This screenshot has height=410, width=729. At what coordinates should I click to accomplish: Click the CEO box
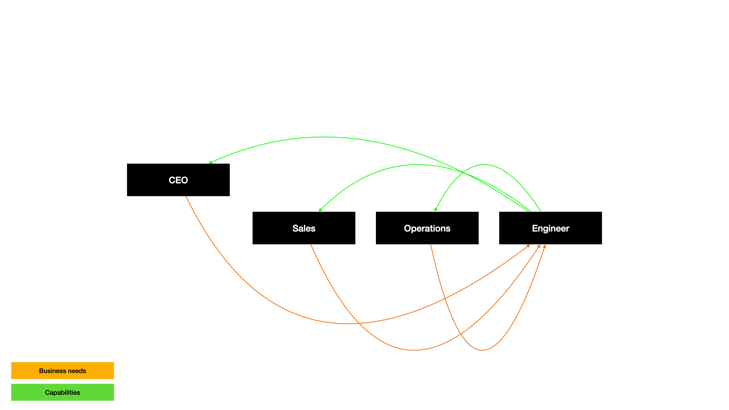pos(178,180)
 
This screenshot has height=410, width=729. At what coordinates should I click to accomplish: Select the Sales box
pos(304,228)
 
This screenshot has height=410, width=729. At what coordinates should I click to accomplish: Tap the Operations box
pos(427,228)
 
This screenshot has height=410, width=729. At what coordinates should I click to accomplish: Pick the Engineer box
pos(550,228)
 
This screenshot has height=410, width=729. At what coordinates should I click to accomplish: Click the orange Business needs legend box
pos(62,371)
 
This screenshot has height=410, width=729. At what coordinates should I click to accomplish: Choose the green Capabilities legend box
pos(62,392)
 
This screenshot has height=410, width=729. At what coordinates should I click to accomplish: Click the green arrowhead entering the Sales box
pos(320,210)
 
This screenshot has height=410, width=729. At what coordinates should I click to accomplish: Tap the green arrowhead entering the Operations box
pos(436,210)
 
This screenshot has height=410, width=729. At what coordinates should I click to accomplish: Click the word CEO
pos(178,180)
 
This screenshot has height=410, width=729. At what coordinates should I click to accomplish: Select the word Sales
pos(304,229)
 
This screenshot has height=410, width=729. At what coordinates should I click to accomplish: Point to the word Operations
pos(427,229)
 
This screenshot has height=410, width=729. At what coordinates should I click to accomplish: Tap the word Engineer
pos(550,229)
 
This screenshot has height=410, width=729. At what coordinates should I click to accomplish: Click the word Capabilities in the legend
pos(62,393)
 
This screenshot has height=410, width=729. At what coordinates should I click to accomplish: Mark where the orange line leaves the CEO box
pos(186,197)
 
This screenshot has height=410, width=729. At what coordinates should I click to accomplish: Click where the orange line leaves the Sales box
pos(311,245)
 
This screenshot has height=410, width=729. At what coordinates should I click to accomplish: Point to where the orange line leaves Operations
pos(431,245)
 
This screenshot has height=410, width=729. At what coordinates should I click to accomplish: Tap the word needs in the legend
pos(77,371)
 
